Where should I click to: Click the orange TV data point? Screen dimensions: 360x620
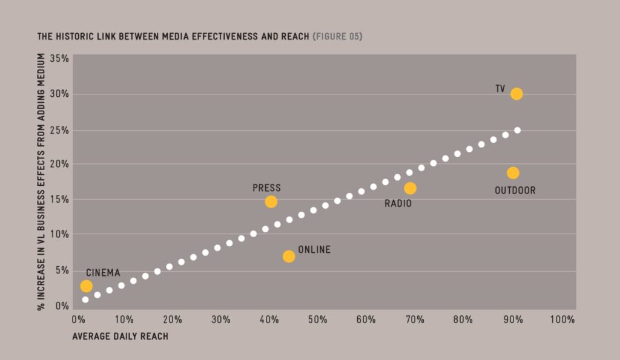(x=516, y=94)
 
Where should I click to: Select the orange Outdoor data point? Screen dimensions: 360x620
(x=513, y=173)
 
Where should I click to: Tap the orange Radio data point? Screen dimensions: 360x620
(x=411, y=188)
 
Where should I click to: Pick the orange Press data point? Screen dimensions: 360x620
(x=271, y=201)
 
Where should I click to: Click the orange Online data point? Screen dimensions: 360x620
(x=289, y=256)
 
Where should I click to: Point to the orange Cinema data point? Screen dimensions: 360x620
(x=87, y=286)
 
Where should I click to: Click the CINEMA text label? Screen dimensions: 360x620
(x=103, y=273)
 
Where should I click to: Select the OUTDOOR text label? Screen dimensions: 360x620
(x=515, y=191)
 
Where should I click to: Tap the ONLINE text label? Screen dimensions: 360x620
(x=314, y=249)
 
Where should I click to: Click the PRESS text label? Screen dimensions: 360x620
(x=266, y=188)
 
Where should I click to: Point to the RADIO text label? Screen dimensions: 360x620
(x=398, y=204)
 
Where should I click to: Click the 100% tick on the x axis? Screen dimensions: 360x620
(x=562, y=319)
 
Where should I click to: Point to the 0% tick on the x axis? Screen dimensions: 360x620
(x=77, y=319)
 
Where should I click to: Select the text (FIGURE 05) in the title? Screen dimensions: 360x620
(x=338, y=37)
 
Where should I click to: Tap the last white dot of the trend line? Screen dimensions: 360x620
(x=517, y=130)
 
